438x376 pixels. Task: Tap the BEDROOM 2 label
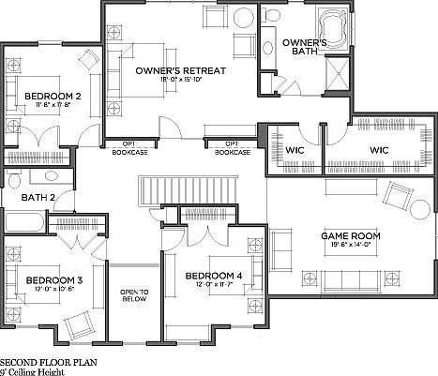tap(52, 96)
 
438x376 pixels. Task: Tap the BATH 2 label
tap(40, 197)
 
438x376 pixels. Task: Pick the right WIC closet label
tap(379, 150)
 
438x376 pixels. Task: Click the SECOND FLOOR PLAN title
tap(47, 360)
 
